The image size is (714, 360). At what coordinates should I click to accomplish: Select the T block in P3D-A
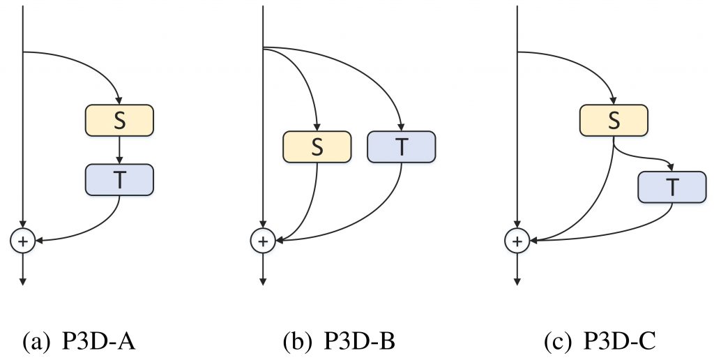click(119, 179)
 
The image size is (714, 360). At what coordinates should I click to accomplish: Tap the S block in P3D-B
click(317, 147)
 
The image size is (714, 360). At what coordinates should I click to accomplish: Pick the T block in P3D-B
click(401, 147)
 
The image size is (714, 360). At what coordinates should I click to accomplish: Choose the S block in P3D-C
click(614, 121)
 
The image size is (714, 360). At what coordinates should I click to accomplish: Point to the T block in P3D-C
click(671, 186)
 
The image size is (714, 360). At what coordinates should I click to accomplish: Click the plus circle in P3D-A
click(23, 241)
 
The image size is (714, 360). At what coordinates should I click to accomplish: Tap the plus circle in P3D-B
click(263, 241)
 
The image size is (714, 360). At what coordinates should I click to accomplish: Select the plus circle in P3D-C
click(517, 241)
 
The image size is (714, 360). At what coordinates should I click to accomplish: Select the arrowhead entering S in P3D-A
click(119, 101)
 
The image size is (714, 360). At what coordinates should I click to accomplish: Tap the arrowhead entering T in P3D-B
click(401, 127)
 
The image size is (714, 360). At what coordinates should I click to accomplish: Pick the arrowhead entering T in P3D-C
click(671, 167)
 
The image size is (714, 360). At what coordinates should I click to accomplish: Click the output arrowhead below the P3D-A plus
click(23, 280)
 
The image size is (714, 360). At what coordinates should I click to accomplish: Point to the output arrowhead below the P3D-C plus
click(517, 280)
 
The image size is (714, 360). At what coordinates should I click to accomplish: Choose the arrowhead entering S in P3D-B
click(317, 127)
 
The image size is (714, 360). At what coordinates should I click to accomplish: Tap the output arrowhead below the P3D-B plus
click(263, 280)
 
